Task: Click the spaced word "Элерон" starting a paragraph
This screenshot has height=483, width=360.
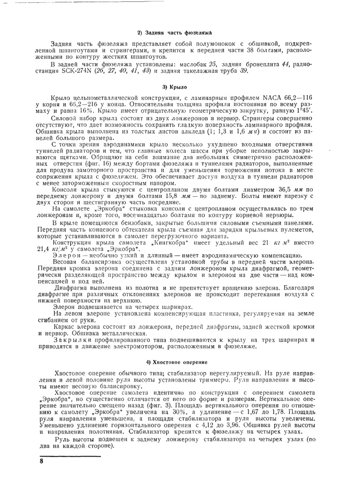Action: pyautogui.click(x=66, y=255)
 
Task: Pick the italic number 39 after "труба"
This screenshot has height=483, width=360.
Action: pyautogui.click(x=244, y=71)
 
